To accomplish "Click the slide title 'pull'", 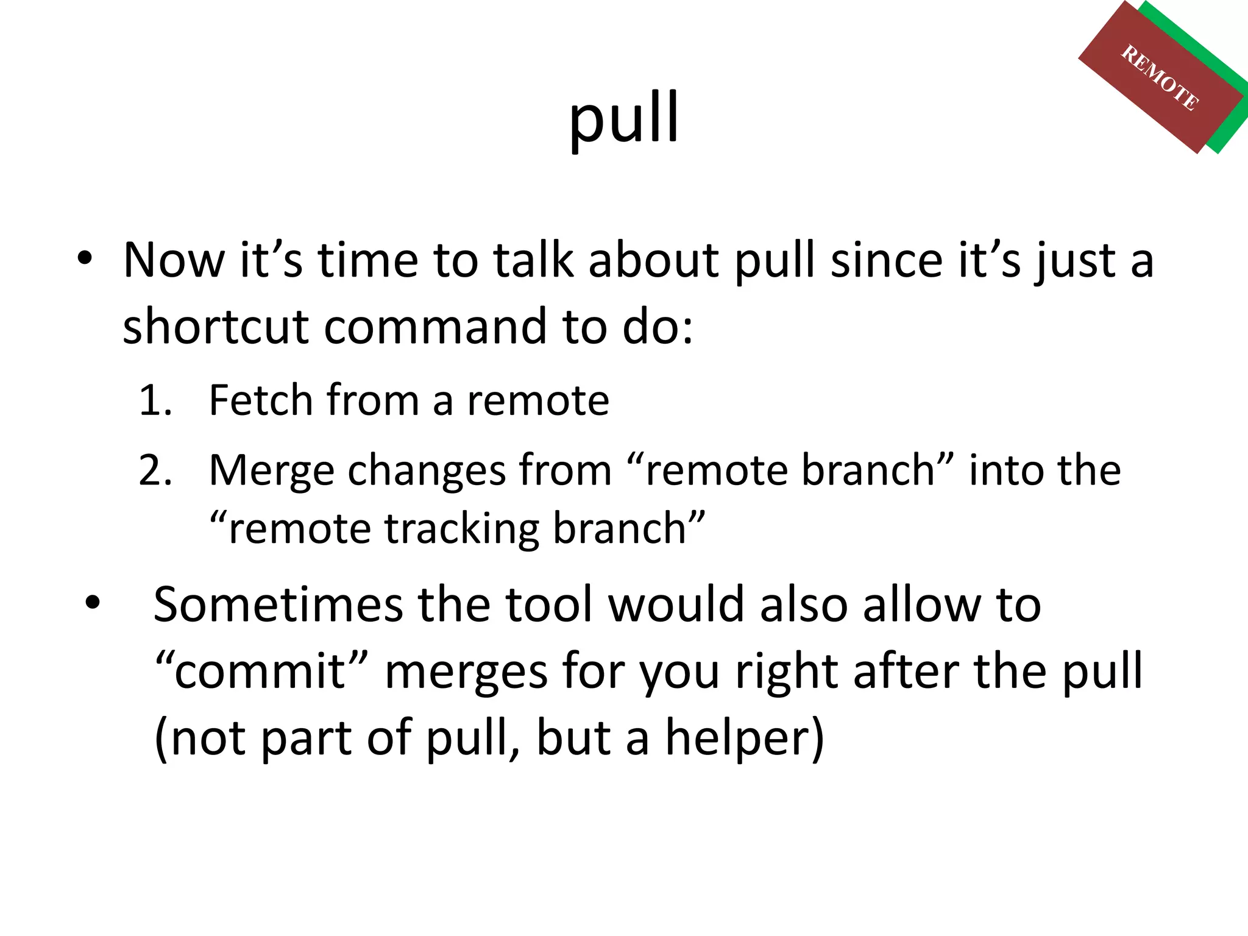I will tap(623, 119).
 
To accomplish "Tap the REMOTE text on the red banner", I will tap(1160, 78).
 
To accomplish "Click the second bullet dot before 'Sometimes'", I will tap(92, 603).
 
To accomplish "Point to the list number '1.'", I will tap(155, 400).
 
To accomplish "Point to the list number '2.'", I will tap(155, 470).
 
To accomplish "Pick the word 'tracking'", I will tap(461, 528).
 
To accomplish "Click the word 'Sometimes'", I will tap(278, 604).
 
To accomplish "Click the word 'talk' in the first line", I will tap(533, 260).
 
